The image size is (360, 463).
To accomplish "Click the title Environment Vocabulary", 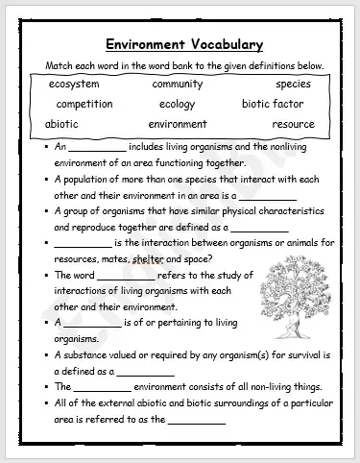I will tap(185, 44).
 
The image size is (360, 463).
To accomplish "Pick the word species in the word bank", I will tap(293, 85).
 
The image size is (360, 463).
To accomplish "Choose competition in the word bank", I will tap(84, 104).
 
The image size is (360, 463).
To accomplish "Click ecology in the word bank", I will tap(177, 104).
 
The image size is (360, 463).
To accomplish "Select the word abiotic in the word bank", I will tap(62, 124).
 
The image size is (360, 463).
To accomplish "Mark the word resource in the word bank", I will tap(293, 124).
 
